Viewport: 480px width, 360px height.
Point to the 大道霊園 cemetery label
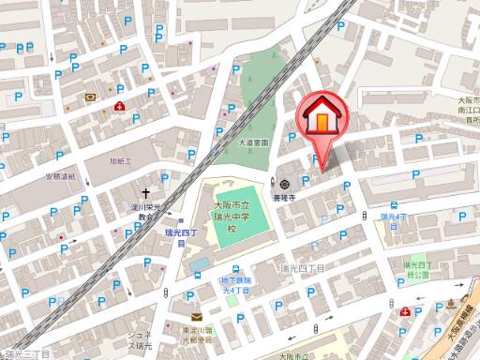[x=252, y=142]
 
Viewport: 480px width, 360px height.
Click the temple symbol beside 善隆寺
[x=284, y=183]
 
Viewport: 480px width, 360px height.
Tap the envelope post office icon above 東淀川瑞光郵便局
[x=196, y=317]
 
